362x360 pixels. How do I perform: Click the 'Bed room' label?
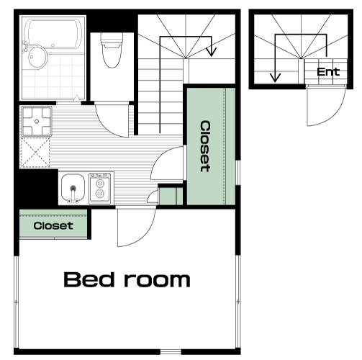pyautogui.click(x=127, y=279)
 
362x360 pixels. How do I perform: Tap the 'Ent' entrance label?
pyautogui.click(x=328, y=72)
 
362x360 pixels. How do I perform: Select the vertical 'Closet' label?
pyautogui.click(x=205, y=146)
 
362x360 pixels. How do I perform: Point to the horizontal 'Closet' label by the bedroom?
pyautogui.click(x=53, y=225)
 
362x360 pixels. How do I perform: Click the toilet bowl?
pyautogui.click(x=112, y=50)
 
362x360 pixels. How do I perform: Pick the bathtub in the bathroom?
pyautogui.click(x=53, y=34)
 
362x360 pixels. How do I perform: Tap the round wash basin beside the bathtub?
pyautogui.click(x=37, y=58)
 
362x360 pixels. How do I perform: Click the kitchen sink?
pyautogui.click(x=73, y=189)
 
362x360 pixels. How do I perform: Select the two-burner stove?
pyautogui.click(x=100, y=189)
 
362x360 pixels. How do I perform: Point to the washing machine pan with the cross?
pyautogui.click(x=37, y=121)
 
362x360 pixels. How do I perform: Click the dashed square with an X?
pyautogui.click(x=35, y=152)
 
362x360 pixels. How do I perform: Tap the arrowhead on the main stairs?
pyautogui.click(x=211, y=52)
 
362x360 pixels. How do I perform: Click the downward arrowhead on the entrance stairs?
pyautogui.click(x=275, y=78)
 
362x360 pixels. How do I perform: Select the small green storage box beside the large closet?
pyautogui.click(x=171, y=196)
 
